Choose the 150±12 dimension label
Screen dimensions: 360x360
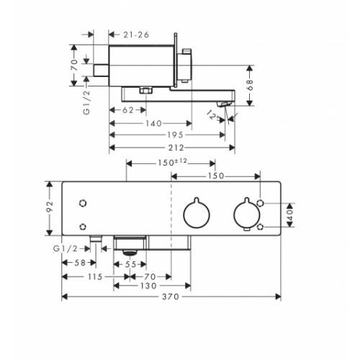pos(171,163)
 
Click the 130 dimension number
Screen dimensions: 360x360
pos(149,286)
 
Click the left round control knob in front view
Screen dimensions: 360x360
pos(196,213)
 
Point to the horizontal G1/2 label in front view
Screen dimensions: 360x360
pos(65,249)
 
